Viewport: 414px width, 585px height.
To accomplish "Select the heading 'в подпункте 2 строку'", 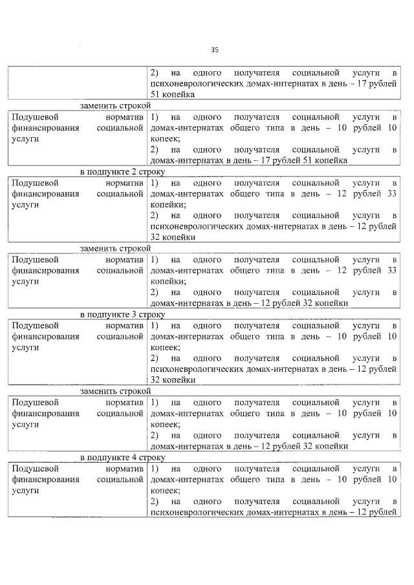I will click(122, 172).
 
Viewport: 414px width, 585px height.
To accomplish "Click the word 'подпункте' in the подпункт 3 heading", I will click(109, 315).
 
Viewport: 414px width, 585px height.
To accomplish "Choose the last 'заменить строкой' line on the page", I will click(114, 391).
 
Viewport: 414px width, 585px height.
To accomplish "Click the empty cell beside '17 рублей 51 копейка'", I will click(78, 83).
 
